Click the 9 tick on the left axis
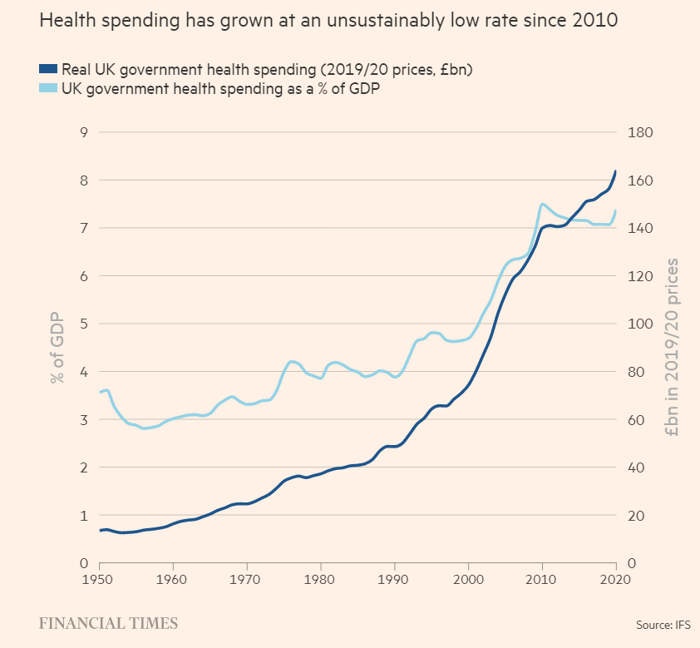click(82, 132)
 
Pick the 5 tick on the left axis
click(82, 324)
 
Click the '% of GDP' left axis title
click(57, 348)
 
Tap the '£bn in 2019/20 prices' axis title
click(671, 348)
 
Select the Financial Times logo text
click(108, 622)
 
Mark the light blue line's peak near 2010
click(542, 204)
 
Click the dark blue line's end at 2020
click(615, 171)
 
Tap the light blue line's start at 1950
click(99, 392)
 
